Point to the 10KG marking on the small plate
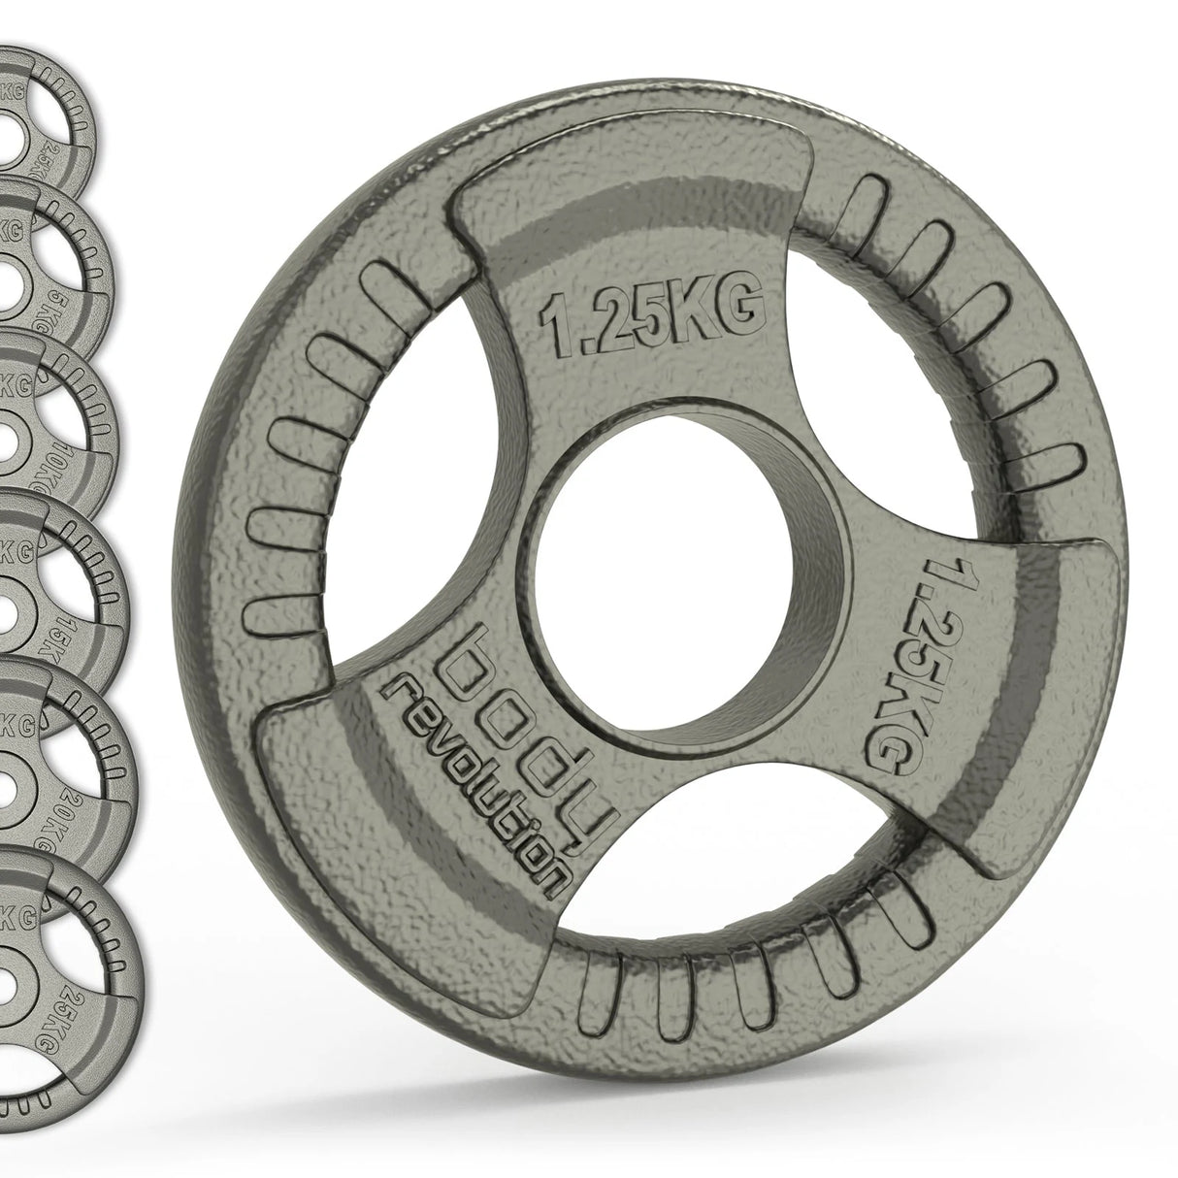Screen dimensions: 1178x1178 (x=53, y=476)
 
